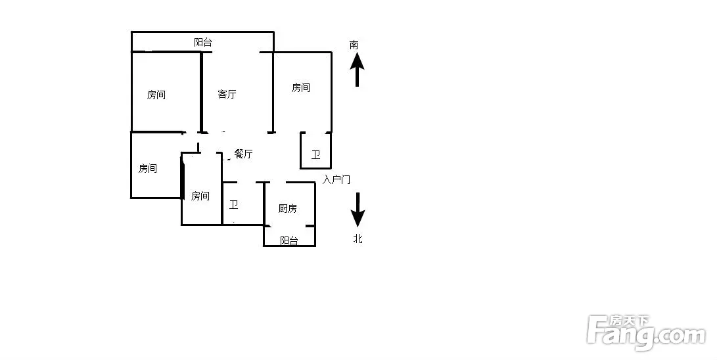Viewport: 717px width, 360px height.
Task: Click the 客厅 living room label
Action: [227, 95]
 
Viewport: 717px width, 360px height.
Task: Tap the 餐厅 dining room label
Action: [243, 154]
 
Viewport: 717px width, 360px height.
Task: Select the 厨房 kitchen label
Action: [288, 209]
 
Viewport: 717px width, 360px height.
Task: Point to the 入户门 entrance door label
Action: [336, 179]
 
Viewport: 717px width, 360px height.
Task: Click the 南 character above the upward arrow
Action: [354, 45]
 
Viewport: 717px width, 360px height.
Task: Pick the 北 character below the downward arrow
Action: [358, 238]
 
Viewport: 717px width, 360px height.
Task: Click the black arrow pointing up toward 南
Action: [357, 69]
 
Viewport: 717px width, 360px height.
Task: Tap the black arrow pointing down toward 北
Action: [358, 210]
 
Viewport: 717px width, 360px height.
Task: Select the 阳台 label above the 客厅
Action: [203, 43]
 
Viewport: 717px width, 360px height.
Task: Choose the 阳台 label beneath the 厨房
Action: [289, 240]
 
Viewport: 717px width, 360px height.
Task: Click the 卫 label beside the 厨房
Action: [234, 205]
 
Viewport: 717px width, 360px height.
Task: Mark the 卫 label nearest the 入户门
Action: [315, 155]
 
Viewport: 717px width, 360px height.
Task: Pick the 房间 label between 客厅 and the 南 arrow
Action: [301, 88]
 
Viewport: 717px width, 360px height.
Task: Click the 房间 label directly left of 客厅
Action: [156, 95]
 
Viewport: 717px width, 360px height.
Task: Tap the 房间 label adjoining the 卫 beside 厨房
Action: [200, 196]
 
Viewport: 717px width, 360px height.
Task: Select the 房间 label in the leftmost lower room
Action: [148, 169]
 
